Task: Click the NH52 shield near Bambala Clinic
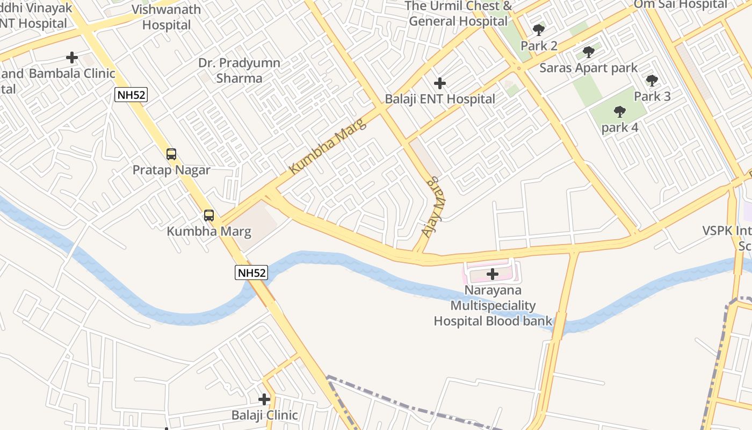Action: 131,95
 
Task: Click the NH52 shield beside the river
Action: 251,273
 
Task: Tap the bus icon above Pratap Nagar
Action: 171,154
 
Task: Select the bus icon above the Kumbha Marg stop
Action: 209,216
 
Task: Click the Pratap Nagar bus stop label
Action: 171,170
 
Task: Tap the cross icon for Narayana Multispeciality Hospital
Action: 492,275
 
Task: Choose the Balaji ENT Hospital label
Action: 440,99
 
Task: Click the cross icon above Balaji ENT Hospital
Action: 440,83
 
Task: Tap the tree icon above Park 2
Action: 539,30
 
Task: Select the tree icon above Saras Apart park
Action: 589,52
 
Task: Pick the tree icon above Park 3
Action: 652,81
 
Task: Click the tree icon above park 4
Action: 619,112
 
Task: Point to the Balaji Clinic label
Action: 264,415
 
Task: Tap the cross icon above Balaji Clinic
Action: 264,399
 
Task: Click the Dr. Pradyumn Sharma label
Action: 239,70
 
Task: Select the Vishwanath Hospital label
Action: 167,17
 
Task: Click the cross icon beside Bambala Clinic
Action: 72,58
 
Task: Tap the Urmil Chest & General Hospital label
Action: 458,13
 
